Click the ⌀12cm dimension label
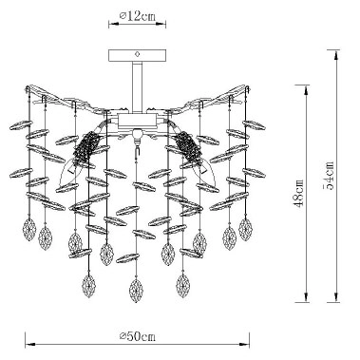click(x=139, y=15)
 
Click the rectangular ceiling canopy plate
click(x=138, y=55)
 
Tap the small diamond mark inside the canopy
click(x=138, y=55)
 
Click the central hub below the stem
click(x=138, y=121)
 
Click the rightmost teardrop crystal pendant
click(x=246, y=229)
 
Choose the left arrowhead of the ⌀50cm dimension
click(x=27, y=343)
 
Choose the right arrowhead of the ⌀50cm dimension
click(x=249, y=343)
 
